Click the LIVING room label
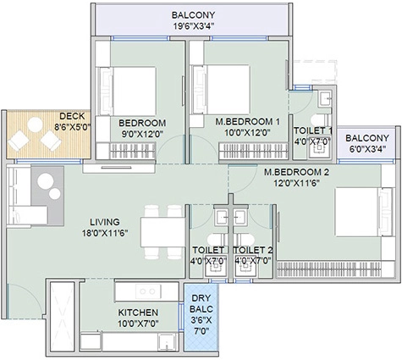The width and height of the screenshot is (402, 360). pyautogui.click(x=105, y=222)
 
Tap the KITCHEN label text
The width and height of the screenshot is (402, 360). pyautogui.click(x=138, y=313)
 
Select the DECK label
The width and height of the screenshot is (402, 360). pyautogui.click(x=72, y=116)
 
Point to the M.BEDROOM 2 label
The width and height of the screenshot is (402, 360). pyautogui.click(x=296, y=172)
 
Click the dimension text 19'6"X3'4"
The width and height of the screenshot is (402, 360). pyautogui.click(x=194, y=26)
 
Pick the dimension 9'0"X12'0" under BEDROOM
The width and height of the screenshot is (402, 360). pyautogui.click(x=142, y=134)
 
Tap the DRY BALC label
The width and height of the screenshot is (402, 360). pyautogui.click(x=201, y=303)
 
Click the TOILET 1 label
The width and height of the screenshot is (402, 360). pyautogui.click(x=313, y=130)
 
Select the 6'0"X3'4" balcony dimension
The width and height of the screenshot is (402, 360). pyautogui.click(x=367, y=149)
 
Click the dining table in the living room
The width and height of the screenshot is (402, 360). pyautogui.click(x=162, y=232)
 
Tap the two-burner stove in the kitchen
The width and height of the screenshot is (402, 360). pyautogui.click(x=148, y=291)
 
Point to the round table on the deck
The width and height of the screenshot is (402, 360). pyautogui.click(x=36, y=125)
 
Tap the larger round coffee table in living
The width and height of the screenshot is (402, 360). pyautogui.click(x=46, y=181)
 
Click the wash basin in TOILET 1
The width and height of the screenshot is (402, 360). pyautogui.click(x=325, y=99)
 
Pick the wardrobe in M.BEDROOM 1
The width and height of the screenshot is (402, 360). pyautogui.click(x=254, y=151)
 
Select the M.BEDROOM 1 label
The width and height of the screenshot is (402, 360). pyautogui.click(x=247, y=122)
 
